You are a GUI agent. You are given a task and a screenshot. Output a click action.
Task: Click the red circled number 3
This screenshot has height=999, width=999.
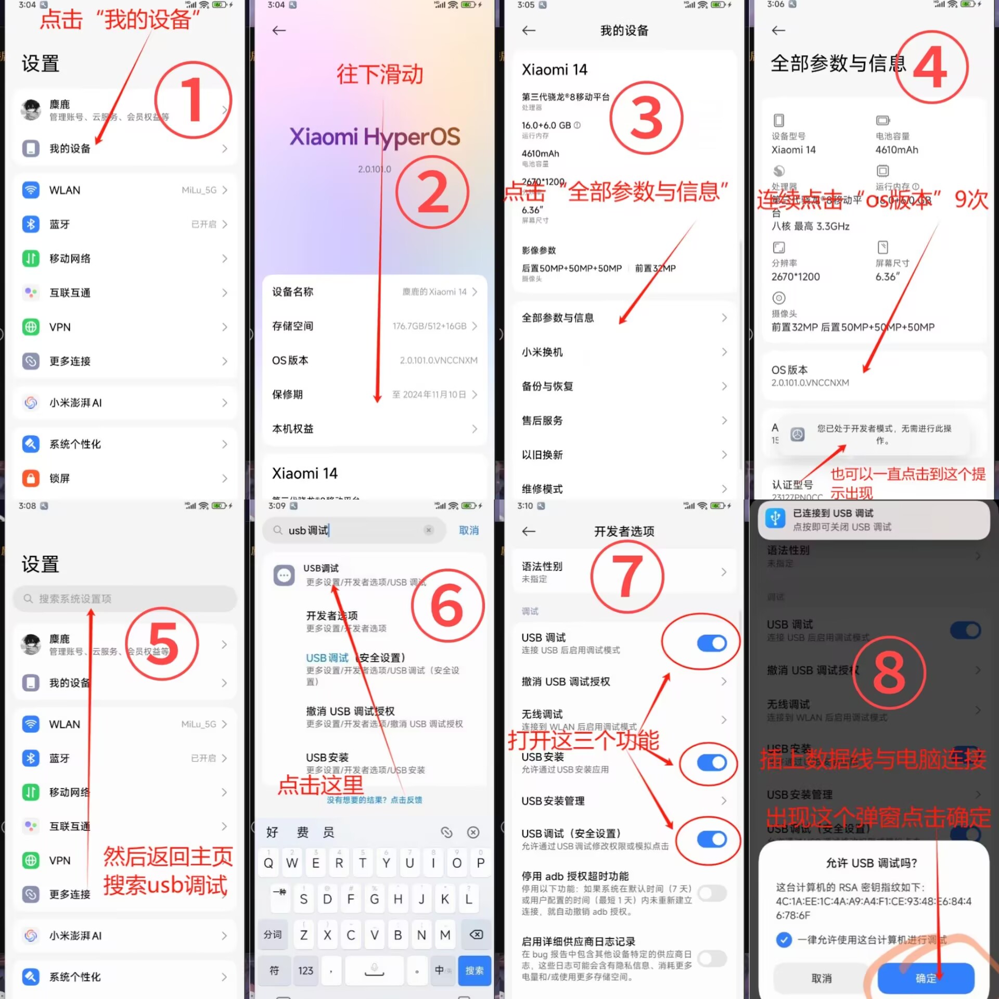coord(646,119)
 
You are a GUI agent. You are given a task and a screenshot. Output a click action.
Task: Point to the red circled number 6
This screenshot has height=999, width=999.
coord(447,606)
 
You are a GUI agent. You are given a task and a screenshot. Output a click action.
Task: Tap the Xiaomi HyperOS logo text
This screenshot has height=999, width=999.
coord(375,137)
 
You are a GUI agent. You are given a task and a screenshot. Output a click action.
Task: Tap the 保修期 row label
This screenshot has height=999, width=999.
coord(287,394)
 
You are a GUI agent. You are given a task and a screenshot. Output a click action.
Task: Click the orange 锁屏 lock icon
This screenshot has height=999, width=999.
coord(31,478)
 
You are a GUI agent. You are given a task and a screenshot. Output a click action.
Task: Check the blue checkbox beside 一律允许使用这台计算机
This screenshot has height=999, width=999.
coord(784,939)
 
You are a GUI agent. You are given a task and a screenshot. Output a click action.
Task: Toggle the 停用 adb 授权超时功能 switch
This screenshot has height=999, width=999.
coord(712,893)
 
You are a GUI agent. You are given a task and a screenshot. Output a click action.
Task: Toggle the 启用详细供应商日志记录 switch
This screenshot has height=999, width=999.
coord(712,958)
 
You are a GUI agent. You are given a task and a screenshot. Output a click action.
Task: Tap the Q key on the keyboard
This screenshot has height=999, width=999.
coord(268,863)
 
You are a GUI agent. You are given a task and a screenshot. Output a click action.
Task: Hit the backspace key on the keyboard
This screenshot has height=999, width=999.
coord(476,934)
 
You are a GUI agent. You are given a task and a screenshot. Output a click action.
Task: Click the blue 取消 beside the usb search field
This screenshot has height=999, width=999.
coord(468,530)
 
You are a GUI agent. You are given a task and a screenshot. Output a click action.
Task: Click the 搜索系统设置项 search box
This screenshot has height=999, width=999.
coord(125,598)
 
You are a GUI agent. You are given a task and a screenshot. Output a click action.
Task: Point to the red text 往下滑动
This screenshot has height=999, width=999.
coord(380,74)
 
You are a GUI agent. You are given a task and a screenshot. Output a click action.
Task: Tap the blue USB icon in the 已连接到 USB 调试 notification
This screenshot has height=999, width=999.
coord(775,519)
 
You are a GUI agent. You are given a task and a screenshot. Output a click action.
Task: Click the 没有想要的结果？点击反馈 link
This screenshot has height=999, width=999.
coord(374,800)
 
